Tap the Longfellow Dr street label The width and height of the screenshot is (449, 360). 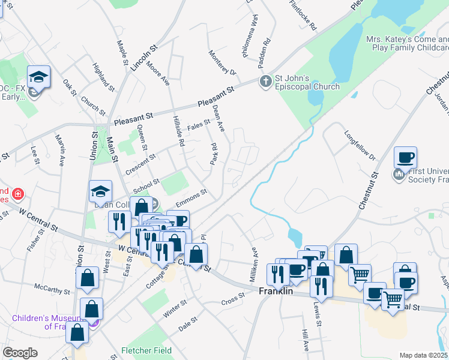point(360,146)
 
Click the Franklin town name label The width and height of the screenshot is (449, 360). point(276,291)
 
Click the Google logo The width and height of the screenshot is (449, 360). point(20,353)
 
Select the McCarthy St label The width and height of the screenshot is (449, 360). point(52,290)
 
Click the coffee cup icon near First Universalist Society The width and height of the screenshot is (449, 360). point(405,157)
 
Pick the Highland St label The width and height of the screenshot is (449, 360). point(103,76)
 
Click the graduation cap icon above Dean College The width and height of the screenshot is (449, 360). point(100,191)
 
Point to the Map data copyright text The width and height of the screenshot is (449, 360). point(424,355)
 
